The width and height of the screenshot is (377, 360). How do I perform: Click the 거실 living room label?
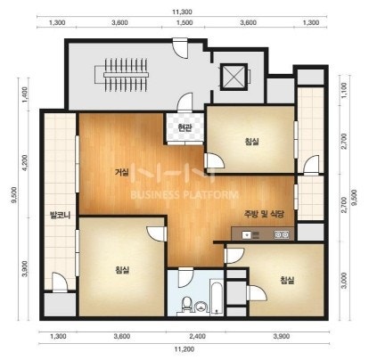(122, 172)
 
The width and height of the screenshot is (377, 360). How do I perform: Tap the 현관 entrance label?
(184, 128)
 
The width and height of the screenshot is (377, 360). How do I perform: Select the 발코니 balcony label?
(61, 215)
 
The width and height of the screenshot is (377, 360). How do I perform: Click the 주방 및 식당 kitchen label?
(264, 214)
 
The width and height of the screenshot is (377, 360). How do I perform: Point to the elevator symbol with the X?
(234, 76)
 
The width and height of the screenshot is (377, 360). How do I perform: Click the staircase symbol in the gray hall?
(122, 75)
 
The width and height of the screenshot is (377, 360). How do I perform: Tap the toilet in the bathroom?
(186, 306)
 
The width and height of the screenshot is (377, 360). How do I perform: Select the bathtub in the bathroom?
(217, 297)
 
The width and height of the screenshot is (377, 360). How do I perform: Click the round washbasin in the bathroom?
(201, 307)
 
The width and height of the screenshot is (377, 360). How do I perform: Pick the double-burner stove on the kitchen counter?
(282, 235)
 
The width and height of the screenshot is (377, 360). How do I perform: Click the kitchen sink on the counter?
(246, 235)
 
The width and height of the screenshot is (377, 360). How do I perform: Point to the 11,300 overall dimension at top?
(182, 12)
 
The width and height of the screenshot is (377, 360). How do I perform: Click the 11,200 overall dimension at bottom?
(184, 349)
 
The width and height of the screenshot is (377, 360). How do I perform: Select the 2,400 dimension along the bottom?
(197, 336)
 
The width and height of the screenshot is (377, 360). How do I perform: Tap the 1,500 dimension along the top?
(184, 23)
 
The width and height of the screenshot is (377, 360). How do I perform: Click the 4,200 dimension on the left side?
(25, 163)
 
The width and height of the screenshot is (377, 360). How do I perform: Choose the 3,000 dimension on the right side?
(344, 281)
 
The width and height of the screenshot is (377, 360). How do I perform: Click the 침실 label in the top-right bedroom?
(251, 142)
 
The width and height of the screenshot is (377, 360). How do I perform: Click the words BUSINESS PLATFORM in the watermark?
(184, 195)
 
